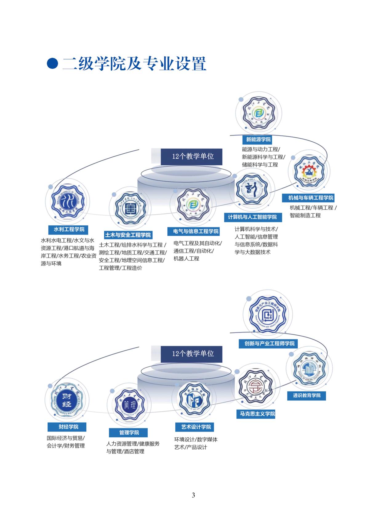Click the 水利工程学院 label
(69, 229)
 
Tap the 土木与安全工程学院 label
(128, 235)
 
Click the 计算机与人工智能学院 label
(252, 217)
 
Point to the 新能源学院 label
(258, 139)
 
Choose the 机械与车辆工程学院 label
(311, 198)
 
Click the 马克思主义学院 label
(257, 414)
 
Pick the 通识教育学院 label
(307, 395)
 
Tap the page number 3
(193, 495)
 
